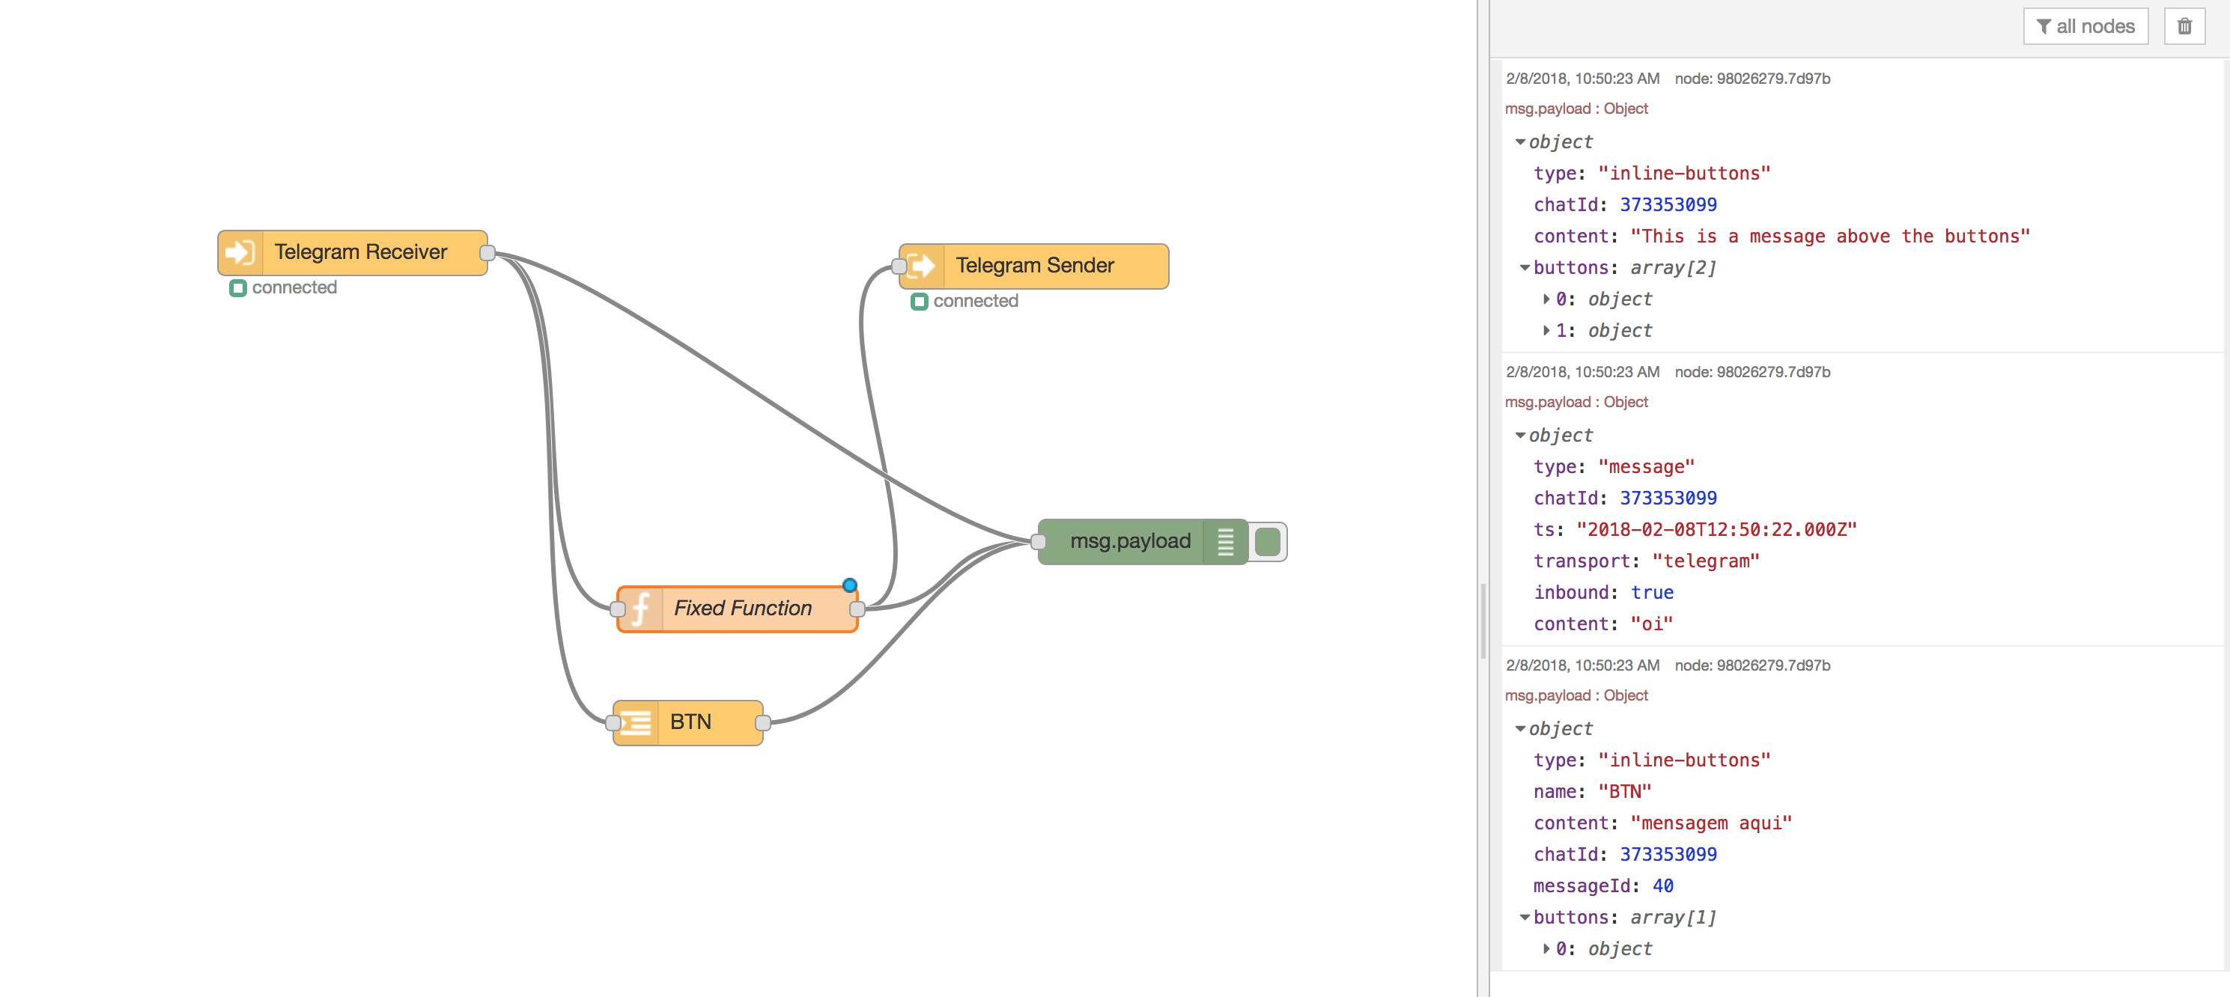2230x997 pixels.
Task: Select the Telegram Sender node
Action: pyautogui.click(x=1033, y=266)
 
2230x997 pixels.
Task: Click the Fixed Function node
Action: pyautogui.click(x=742, y=609)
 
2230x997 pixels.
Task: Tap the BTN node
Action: pyautogui.click(x=689, y=722)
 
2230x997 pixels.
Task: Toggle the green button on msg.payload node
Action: pyautogui.click(x=1267, y=542)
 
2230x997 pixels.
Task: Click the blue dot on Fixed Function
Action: pyautogui.click(x=850, y=585)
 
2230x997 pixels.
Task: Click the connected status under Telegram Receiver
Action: pyautogui.click(x=293, y=287)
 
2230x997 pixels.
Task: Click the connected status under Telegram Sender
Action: pyautogui.click(x=974, y=301)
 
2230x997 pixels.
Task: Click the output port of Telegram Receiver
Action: pyautogui.click(x=487, y=253)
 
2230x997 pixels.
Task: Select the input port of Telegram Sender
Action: pyautogui.click(x=899, y=266)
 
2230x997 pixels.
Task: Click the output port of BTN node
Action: pyautogui.click(x=762, y=722)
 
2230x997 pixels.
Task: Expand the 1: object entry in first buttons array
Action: pyautogui.click(x=1546, y=331)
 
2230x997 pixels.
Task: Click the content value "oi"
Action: pyautogui.click(x=1651, y=624)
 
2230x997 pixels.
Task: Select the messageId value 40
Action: pyautogui.click(x=1662, y=886)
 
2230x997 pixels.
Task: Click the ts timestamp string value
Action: pyautogui.click(x=1716, y=530)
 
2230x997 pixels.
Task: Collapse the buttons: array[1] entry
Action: pyautogui.click(x=1525, y=918)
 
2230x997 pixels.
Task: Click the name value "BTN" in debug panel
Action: pyautogui.click(x=1624, y=792)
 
